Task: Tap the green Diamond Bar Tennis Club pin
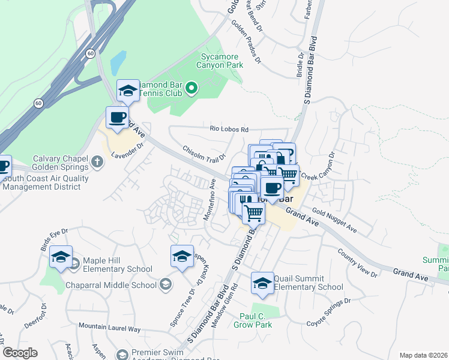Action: coord(191,89)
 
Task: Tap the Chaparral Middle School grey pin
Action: coord(166,284)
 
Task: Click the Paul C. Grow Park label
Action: coord(256,320)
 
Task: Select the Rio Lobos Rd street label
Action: coord(229,129)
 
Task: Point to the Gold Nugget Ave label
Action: coord(334,221)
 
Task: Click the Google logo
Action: coord(20,353)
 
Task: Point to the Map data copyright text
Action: coord(423,355)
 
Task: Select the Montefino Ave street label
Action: coord(209,202)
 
